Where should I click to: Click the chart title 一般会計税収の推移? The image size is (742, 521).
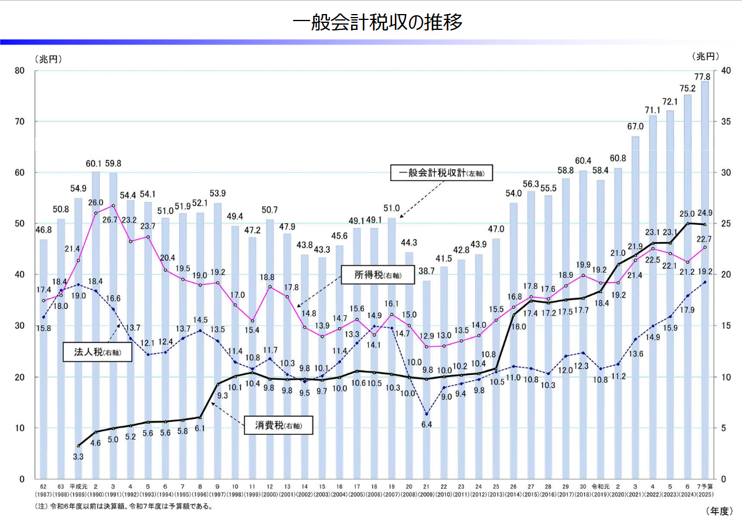click(378, 22)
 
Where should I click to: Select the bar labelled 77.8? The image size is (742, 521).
click(704, 281)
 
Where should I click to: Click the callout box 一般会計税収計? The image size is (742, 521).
click(441, 173)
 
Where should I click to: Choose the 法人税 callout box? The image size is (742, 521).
click(97, 353)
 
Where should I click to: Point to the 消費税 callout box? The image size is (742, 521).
click(278, 425)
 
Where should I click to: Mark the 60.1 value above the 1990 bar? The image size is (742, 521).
click(94, 164)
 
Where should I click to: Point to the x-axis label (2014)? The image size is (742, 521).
click(513, 493)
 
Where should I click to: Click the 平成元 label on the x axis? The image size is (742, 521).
click(79, 486)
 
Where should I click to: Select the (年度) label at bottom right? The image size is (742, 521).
click(719, 510)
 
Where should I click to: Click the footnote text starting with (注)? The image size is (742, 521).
click(122, 506)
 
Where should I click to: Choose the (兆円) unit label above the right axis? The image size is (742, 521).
click(707, 57)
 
